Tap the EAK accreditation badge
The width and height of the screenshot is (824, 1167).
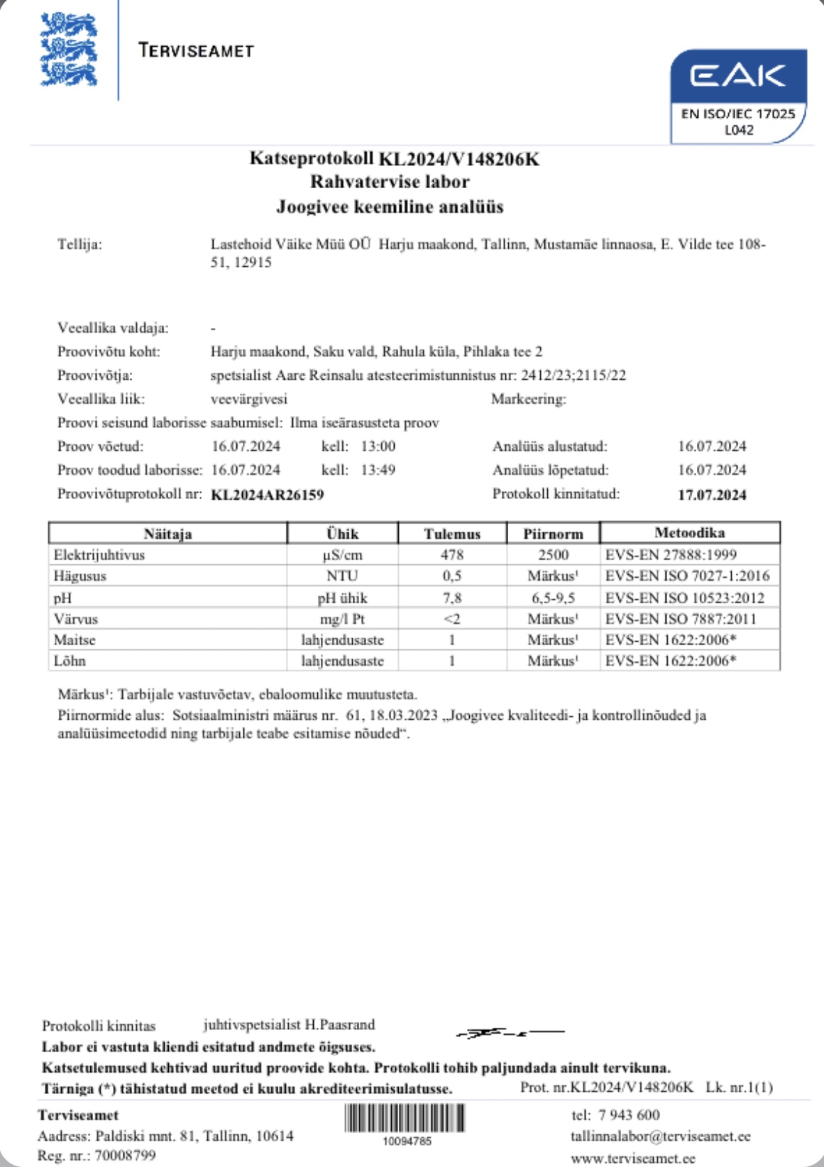[738, 96]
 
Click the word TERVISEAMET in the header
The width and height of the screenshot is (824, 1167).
[197, 50]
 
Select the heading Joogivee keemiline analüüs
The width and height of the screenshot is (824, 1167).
[390, 207]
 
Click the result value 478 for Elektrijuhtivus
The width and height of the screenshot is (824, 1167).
[452, 554]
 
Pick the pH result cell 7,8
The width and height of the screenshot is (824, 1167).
[452, 598]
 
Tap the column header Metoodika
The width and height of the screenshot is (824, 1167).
[689, 532]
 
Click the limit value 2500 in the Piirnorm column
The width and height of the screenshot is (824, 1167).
[553, 554]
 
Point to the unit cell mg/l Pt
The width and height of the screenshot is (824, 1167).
[342, 619]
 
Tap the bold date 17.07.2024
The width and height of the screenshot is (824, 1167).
[712, 495]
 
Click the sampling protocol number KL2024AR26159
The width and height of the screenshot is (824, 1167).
[268, 495]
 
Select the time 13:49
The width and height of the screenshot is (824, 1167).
[378, 470]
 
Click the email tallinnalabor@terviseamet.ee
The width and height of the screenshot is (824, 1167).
[660, 1136]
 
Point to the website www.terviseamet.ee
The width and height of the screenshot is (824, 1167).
[633, 1158]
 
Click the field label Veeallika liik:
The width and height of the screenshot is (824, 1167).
[101, 399]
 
